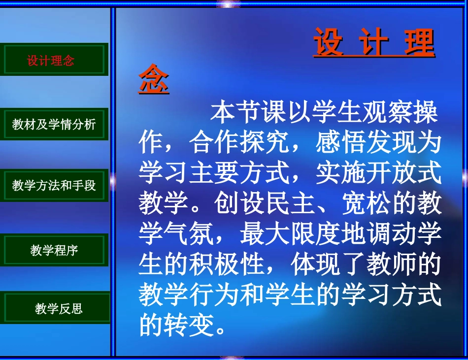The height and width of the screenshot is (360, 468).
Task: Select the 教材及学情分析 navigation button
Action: click(54, 124)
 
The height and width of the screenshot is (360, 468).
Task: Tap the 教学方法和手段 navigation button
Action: click(54, 186)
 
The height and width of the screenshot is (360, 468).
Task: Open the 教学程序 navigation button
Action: click(54, 250)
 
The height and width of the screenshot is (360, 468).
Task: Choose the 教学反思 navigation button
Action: click(58, 309)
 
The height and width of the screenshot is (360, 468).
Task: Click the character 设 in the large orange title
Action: click(329, 43)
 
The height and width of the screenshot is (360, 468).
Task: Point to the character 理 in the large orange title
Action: click(420, 43)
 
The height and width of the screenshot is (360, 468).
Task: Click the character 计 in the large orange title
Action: click(374, 43)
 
